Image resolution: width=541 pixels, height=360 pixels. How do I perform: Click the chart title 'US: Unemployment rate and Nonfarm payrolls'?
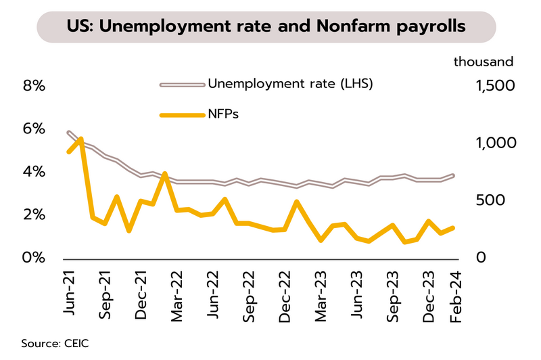coord(266,27)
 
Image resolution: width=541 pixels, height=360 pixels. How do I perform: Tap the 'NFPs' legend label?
coord(224,114)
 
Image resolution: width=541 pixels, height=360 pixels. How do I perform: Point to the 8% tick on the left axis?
coord(34,86)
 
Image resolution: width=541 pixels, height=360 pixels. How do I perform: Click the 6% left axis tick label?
coord(34,129)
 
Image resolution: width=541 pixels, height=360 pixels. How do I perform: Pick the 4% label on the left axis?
coord(34,172)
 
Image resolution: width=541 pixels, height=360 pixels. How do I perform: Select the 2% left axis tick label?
coord(34,215)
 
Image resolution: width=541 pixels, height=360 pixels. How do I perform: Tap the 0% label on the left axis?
coord(34,258)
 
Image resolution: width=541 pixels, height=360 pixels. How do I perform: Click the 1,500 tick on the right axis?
coord(494,86)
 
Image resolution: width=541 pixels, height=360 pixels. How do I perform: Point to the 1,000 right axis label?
coord(494,143)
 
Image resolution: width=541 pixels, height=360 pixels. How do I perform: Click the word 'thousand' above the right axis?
coord(484,62)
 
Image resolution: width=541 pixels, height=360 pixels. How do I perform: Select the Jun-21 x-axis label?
coord(69,289)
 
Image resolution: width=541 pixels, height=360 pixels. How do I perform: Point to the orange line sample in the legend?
coord(181,114)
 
